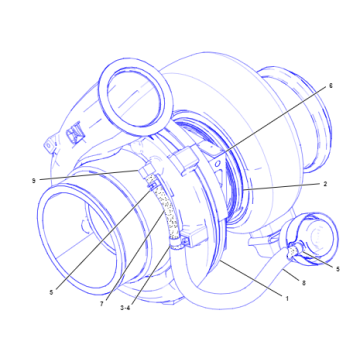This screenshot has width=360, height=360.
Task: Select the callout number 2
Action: [x=325, y=185]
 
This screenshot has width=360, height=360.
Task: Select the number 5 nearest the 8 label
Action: [x=338, y=269]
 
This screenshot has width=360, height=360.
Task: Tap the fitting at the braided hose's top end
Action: [x=150, y=178]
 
